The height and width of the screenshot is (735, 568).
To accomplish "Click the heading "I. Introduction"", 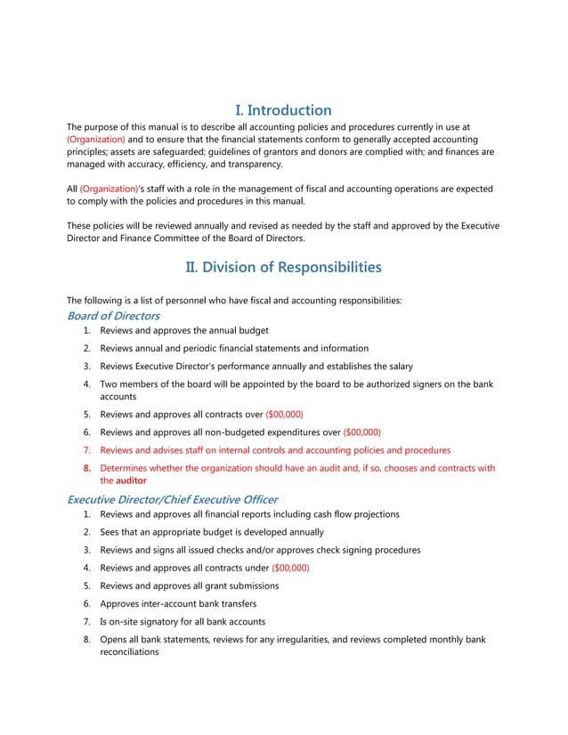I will tap(283, 110).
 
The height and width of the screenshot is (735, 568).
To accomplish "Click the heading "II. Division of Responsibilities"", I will tap(283, 267).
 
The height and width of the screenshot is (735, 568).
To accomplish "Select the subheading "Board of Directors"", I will tap(114, 316).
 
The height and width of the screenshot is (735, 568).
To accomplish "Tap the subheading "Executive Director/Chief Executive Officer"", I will tap(173, 499).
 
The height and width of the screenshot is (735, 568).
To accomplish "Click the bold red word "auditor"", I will tap(132, 481).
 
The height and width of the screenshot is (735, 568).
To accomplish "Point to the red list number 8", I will tap(87, 468).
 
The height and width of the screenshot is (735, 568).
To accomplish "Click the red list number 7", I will tap(87, 450).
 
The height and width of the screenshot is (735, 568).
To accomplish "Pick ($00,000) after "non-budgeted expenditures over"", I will tap(362, 432).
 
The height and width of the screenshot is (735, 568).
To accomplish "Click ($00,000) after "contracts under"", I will tap(290, 568).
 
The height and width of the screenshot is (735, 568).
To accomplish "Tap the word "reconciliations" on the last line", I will tap(129, 652).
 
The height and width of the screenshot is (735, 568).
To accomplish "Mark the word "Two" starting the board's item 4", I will tap(110, 384).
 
